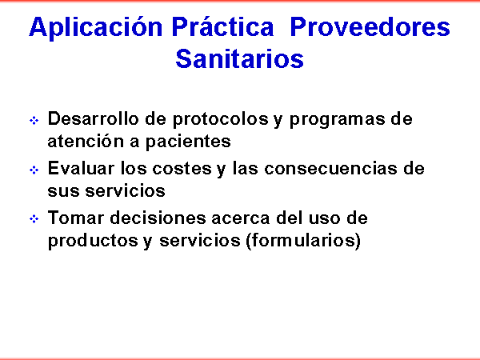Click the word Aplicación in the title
point(95,27)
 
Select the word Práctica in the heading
point(222,26)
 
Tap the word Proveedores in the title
point(370,27)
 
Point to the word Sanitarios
point(240,58)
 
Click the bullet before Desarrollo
point(34,120)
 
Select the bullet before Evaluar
point(34,170)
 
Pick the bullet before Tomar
point(34,219)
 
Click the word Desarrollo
point(93,118)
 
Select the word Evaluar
point(81,168)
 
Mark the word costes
point(182,169)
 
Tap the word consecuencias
point(330,169)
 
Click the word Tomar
point(76,218)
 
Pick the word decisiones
point(158,218)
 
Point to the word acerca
point(241,218)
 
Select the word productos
point(93,241)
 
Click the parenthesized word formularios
point(304,240)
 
